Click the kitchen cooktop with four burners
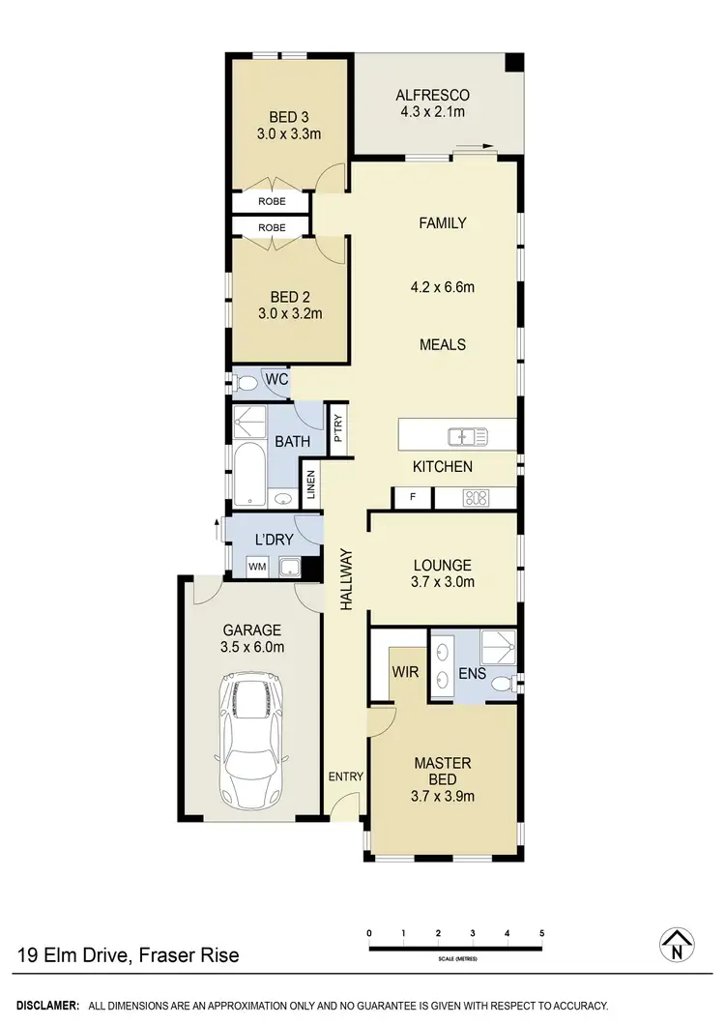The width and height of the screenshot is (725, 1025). (x=477, y=499)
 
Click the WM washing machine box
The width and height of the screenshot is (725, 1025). (x=257, y=567)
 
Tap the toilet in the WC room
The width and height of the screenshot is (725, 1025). (x=245, y=383)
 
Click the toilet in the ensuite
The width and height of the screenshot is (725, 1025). (x=502, y=683)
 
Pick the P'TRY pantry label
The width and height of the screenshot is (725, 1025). (x=337, y=426)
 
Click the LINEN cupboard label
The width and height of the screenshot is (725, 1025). (x=311, y=483)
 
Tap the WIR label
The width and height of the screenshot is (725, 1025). (x=405, y=671)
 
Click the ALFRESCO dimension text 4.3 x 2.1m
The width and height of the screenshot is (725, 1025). (x=432, y=112)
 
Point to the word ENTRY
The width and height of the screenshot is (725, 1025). (x=345, y=776)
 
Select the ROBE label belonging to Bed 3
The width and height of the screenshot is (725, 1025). (x=271, y=202)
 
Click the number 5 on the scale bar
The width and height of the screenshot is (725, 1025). (x=541, y=933)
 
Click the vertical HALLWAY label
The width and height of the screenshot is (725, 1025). (x=344, y=579)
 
